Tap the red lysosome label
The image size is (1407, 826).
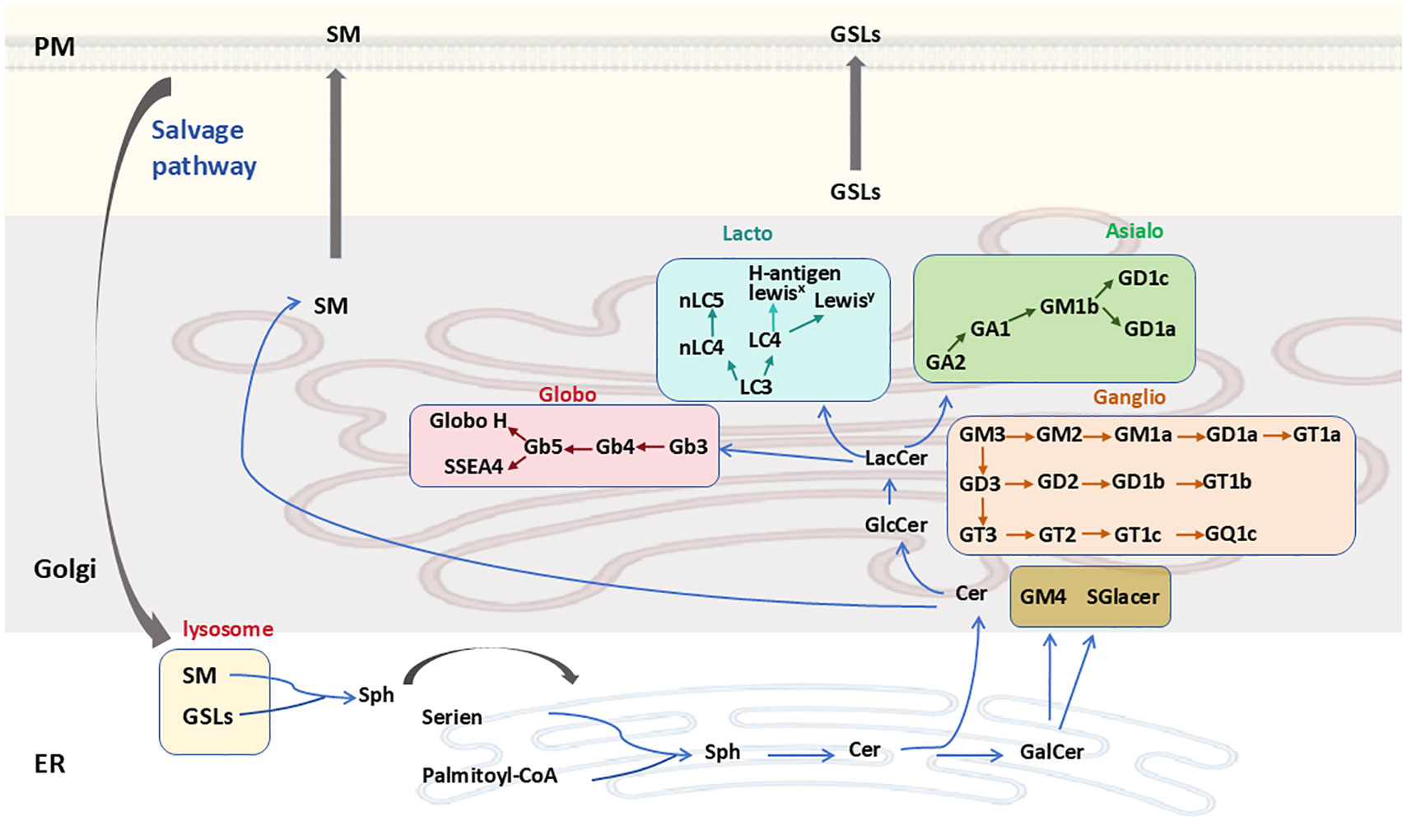(x=227, y=629)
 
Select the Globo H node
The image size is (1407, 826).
(x=468, y=421)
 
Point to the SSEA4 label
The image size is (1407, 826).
(x=473, y=467)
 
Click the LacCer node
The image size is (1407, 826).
(x=896, y=458)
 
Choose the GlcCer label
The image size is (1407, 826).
(x=896, y=525)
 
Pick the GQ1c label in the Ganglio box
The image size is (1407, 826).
(x=1230, y=534)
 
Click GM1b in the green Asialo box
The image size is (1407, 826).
(x=1069, y=307)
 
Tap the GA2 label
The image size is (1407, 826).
(x=945, y=362)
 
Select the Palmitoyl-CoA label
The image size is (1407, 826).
(x=489, y=776)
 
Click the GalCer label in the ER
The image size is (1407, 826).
(x=1051, y=752)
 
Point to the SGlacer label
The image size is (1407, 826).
(x=1122, y=597)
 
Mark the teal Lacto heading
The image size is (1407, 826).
(x=747, y=234)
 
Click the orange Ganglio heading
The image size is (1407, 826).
(x=1129, y=398)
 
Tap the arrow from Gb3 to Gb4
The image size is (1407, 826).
(x=650, y=447)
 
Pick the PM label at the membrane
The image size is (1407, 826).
(x=54, y=47)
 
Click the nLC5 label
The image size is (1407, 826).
(x=701, y=301)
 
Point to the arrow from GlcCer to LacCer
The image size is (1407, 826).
(x=889, y=492)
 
